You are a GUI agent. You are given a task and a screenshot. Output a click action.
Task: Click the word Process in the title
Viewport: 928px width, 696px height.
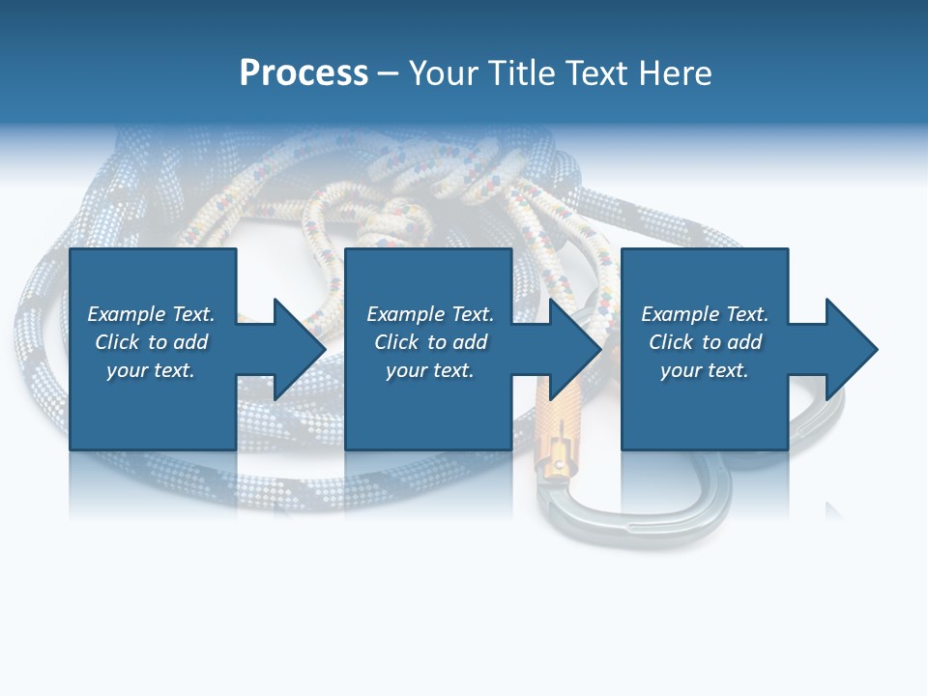click(x=304, y=73)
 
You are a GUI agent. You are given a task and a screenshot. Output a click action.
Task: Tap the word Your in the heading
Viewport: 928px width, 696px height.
click(x=446, y=73)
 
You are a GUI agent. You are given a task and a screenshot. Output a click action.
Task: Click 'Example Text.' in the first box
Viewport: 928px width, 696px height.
click(x=151, y=314)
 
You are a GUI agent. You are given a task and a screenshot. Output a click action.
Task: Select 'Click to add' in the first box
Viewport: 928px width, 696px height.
click(x=151, y=342)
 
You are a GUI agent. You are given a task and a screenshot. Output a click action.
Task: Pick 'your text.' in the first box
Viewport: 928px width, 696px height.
click(x=151, y=370)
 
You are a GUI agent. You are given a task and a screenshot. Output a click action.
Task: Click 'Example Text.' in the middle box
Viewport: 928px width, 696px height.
click(x=430, y=314)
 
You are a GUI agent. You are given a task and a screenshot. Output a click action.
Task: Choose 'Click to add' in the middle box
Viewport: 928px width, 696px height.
click(x=430, y=342)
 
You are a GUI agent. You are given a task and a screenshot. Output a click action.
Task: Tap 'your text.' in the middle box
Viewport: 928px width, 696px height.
click(x=430, y=370)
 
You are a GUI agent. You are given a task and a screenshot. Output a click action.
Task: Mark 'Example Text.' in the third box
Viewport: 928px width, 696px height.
click(x=705, y=314)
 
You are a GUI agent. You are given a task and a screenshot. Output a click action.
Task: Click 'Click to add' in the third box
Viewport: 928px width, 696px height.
click(x=705, y=342)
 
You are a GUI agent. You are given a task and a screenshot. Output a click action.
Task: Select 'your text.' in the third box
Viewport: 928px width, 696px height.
click(x=705, y=370)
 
